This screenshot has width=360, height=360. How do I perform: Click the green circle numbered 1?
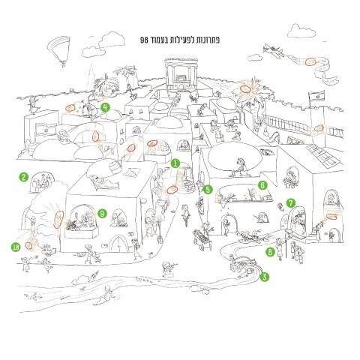(175, 163)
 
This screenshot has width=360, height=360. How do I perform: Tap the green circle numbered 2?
(23, 177)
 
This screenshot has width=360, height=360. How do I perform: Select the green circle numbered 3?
(265, 277)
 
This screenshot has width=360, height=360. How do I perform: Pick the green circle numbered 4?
(106, 107)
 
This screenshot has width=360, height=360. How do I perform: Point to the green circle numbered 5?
(208, 190)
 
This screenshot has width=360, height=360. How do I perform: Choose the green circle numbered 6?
(262, 185)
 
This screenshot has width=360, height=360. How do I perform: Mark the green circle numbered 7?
(290, 203)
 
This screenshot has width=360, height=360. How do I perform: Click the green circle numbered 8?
(270, 252)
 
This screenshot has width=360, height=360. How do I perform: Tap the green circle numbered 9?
(102, 214)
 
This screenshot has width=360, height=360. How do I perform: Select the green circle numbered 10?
(16, 247)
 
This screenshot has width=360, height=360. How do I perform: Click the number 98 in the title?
(144, 40)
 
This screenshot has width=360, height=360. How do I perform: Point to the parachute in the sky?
(58, 51)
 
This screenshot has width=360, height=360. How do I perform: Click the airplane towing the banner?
(274, 51)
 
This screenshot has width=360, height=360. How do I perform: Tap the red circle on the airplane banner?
(311, 61)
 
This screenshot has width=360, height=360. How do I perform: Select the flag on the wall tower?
(316, 95)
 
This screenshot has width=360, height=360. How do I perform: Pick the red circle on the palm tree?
(245, 88)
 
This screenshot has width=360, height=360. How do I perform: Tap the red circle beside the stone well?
(172, 190)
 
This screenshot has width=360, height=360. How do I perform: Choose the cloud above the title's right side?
(301, 31)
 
